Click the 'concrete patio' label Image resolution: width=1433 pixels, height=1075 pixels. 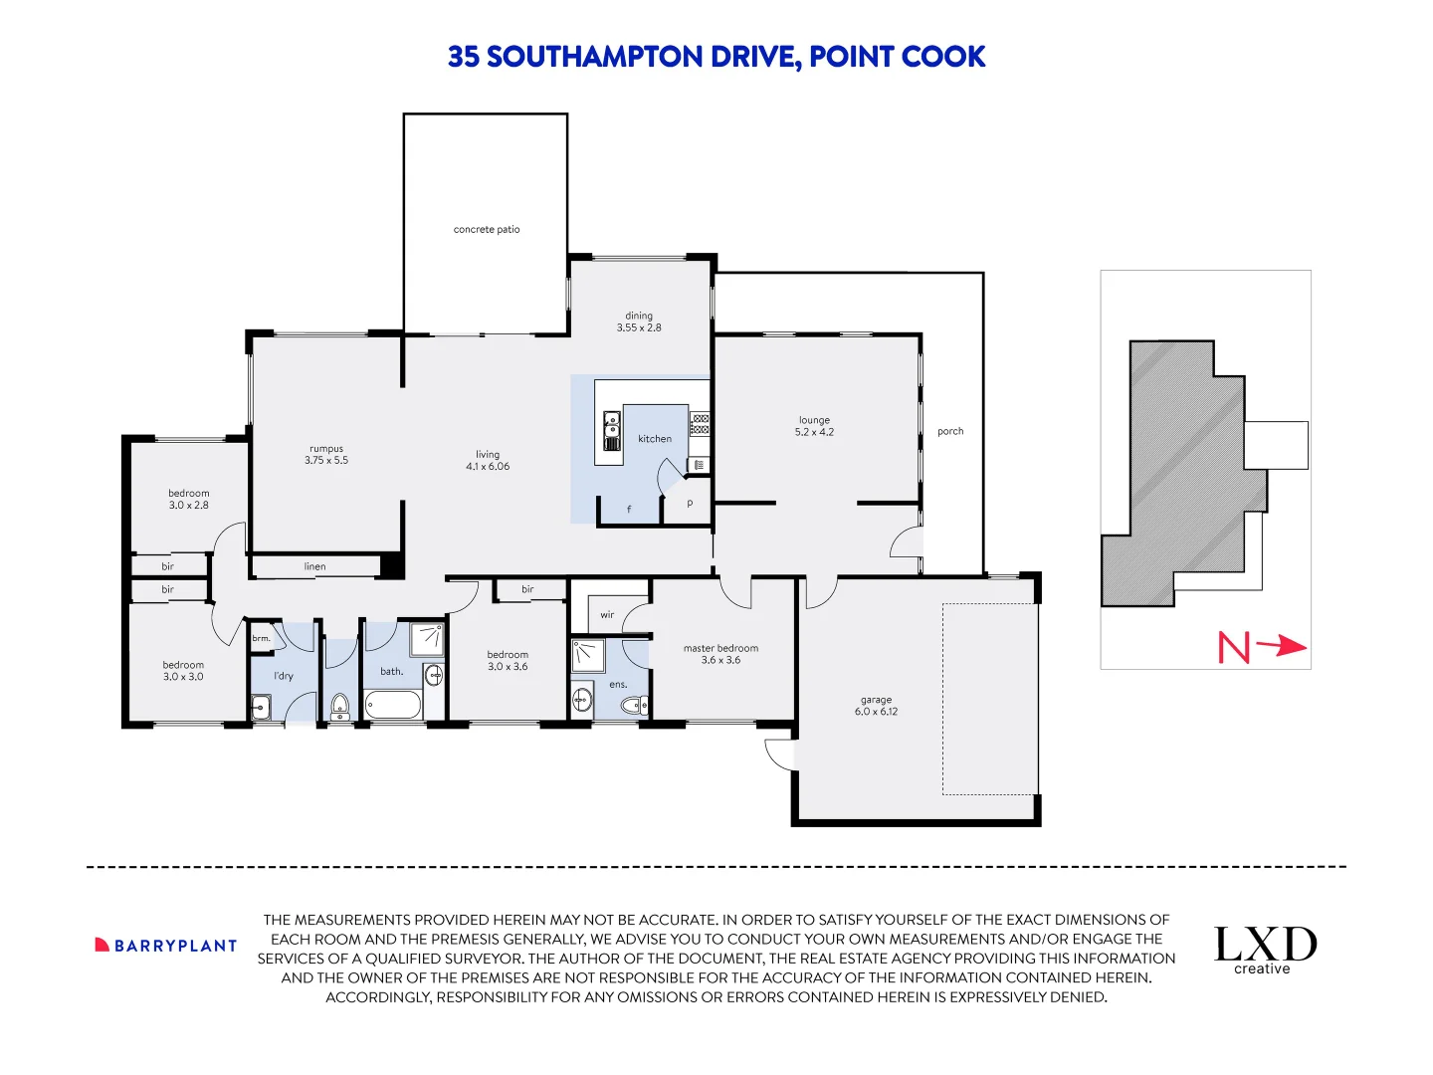click(x=487, y=229)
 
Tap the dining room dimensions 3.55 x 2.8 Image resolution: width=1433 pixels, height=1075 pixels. click(x=639, y=327)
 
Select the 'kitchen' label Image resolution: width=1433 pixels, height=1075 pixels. click(x=655, y=438)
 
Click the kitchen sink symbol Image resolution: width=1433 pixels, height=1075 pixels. click(x=611, y=432)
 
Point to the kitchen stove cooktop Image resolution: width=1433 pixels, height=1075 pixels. click(x=700, y=424)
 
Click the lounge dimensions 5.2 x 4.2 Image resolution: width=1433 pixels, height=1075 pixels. click(x=814, y=432)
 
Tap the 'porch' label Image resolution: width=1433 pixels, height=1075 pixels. click(x=950, y=431)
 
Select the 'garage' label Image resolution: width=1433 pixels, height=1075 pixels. click(x=876, y=700)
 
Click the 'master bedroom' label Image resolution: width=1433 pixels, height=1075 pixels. click(x=720, y=648)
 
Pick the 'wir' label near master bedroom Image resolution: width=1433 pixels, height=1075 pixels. click(x=607, y=615)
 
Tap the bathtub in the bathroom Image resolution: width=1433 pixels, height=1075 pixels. click(x=393, y=706)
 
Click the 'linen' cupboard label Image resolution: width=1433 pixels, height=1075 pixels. click(x=314, y=566)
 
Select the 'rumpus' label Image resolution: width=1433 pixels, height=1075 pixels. click(x=326, y=449)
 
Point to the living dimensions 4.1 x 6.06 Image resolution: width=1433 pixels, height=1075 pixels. click(x=488, y=466)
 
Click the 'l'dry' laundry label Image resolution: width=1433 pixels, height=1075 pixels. click(x=284, y=676)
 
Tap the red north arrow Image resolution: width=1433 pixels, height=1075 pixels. click(x=1281, y=646)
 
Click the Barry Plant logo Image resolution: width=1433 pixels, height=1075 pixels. click(x=166, y=946)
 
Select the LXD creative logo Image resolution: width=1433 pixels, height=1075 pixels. click(x=1265, y=950)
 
